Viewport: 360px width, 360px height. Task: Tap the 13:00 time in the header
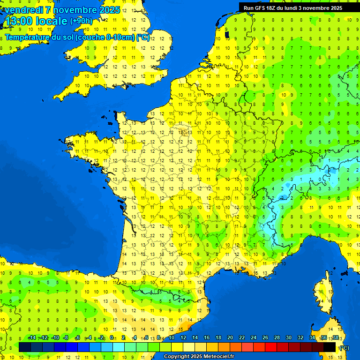(x=18, y=21)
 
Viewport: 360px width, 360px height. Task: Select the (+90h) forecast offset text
(x=81, y=21)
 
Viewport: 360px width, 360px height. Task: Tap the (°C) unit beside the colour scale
(x=344, y=347)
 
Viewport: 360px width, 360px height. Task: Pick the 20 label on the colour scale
(x=230, y=337)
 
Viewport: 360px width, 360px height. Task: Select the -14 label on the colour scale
(x=32, y=337)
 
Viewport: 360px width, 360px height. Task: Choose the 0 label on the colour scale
(x=112, y=337)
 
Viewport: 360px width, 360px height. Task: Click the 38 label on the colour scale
(x=335, y=337)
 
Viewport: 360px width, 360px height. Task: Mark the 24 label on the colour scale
(x=253, y=337)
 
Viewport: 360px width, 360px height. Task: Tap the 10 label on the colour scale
(x=171, y=337)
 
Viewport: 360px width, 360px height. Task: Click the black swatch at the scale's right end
(x=330, y=347)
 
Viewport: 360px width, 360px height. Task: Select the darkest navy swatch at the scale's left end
(x=25, y=347)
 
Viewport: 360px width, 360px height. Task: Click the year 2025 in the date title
(x=110, y=9)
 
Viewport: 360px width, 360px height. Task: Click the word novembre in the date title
(x=76, y=9)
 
